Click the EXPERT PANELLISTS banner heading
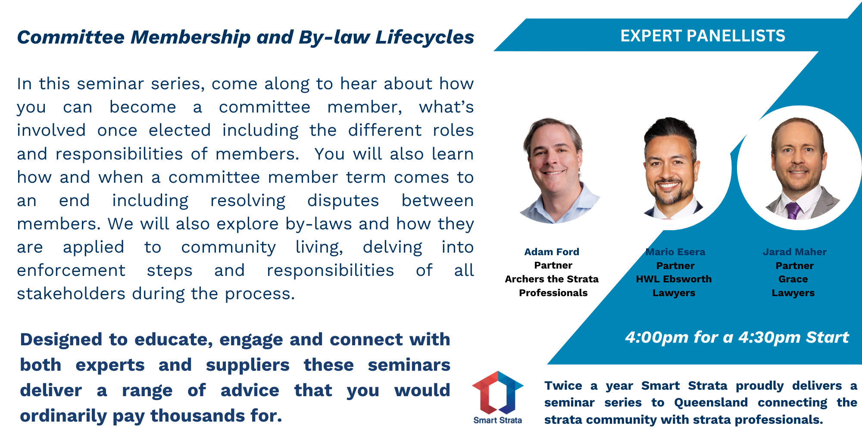point(703,36)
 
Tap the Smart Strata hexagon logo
point(498,392)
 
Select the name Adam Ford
point(552,252)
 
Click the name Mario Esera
point(675,252)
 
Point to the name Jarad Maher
point(795,252)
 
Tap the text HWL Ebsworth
point(674,279)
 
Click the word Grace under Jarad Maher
point(793,279)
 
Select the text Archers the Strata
point(552,279)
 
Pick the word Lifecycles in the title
point(425,38)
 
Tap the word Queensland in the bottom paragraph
point(711,403)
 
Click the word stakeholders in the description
point(71,294)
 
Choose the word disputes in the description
point(343,201)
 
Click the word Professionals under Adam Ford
point(553,293)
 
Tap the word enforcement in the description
point(71,270)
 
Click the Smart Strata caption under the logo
point(497,420)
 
